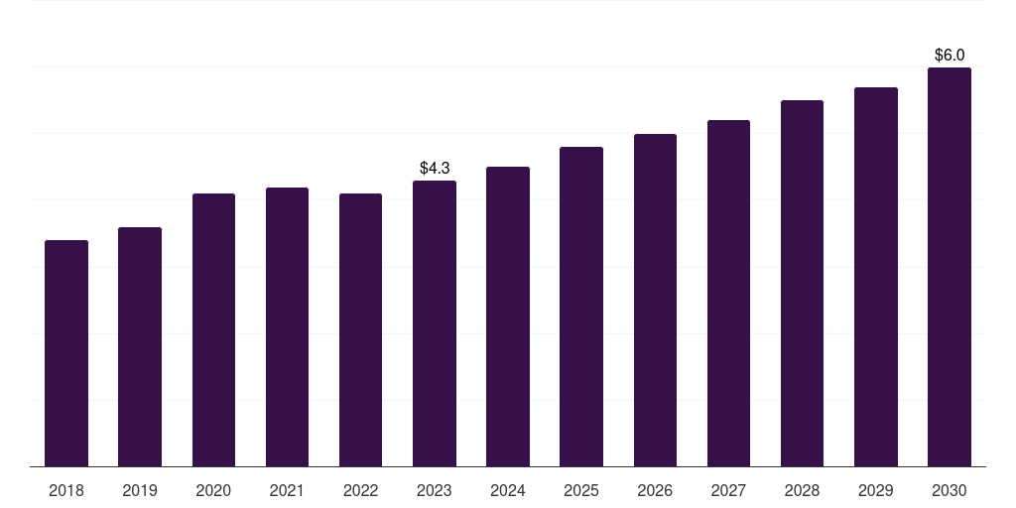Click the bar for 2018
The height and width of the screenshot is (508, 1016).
(x=66, y=353)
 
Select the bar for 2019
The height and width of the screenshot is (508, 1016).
(x=140, y=346)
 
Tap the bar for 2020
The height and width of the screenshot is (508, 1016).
(x=214, y=329)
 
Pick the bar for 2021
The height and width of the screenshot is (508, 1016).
(x=287, y=327)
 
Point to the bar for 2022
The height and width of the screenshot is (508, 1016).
(x=360, y=329)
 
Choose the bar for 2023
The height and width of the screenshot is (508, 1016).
(x=435, y=323)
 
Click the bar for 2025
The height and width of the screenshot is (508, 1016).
(x=581, y=307)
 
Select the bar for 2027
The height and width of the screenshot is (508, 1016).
(x=728, y=294)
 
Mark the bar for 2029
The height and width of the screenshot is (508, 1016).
(x=876, y=277)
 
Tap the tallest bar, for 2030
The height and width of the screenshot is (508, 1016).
(x=950, y=267)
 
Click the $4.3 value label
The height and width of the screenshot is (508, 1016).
(x=435, y=169)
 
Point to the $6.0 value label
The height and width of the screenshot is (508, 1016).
(x=950, y=56)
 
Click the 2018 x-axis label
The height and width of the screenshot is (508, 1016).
(x=66, y=491)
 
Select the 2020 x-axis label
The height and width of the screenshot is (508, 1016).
(x=213, y=491)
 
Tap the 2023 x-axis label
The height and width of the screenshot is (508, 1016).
(x=435, y=491)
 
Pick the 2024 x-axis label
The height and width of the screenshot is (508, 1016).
(x=508, y=491)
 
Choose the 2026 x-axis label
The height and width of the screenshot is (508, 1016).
(x=655, y=491)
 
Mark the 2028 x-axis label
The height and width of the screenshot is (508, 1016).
(x=802, y=491)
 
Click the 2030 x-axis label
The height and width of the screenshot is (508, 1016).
(x=950, y=491)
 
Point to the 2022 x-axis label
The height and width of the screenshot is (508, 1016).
(x=360, y=491)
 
